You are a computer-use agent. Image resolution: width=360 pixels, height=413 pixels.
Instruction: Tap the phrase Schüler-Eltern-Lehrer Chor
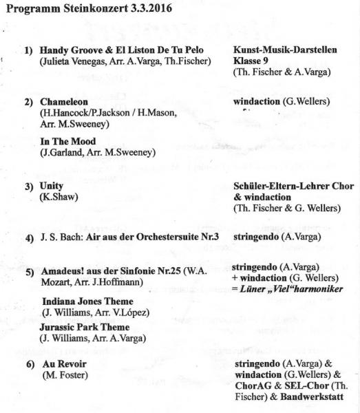[x=294, y=187]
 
